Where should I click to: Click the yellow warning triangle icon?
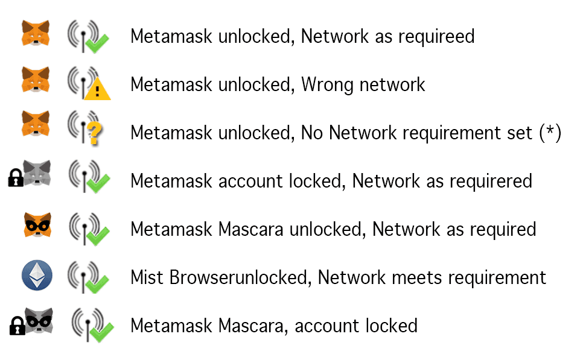pos(97,90)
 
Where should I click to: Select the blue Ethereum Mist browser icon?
pos(36,276)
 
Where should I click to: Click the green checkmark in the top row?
pos(97,42)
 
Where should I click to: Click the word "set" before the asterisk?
pos(518,133)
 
